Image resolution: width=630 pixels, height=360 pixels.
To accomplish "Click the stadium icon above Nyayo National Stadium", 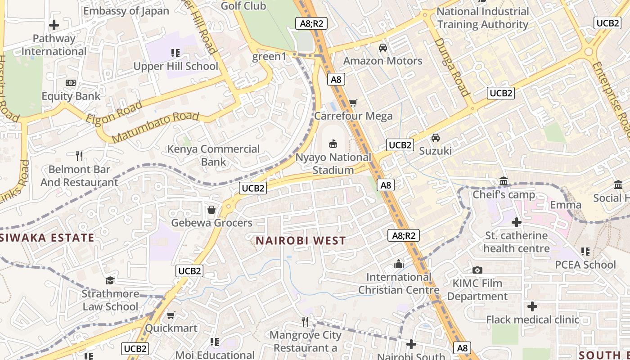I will (x=333, y=144).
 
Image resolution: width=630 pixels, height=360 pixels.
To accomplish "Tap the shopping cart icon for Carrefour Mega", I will (x=353, y=103).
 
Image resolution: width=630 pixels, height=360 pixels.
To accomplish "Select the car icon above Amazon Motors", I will (x=383, y=47).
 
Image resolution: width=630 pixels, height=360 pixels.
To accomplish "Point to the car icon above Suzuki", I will (x=436, y=137).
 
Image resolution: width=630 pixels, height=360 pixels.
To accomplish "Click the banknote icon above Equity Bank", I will (x=71, y=83).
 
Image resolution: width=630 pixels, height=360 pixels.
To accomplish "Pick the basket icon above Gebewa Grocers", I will (x=211, y=210).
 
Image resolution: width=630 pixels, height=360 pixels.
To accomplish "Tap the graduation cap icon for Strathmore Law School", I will (x=110, y=281).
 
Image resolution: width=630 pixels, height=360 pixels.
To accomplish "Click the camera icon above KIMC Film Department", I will (x=477, y=270).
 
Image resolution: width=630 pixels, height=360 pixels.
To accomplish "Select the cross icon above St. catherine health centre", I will (x=517, y=222).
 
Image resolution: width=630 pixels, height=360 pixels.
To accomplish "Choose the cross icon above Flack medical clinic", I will (x=532, y=307).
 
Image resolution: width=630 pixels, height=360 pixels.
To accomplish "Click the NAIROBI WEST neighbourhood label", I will (x=301, y=241).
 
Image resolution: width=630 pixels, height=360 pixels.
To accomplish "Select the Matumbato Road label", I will (x=155, y=127).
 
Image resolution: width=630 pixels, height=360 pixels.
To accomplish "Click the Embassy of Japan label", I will (x=126, y=11).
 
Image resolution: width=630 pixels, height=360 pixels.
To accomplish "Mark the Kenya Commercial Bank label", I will (x=214, y=155).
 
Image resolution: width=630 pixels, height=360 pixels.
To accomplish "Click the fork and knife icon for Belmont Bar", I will (x=79, y=156).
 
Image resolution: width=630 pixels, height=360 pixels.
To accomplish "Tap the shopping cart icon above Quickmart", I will (x=171, y=315).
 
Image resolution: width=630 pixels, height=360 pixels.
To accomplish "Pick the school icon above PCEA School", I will (x=585, y=251).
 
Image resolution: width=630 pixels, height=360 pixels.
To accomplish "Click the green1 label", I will (x=269, y=57).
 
